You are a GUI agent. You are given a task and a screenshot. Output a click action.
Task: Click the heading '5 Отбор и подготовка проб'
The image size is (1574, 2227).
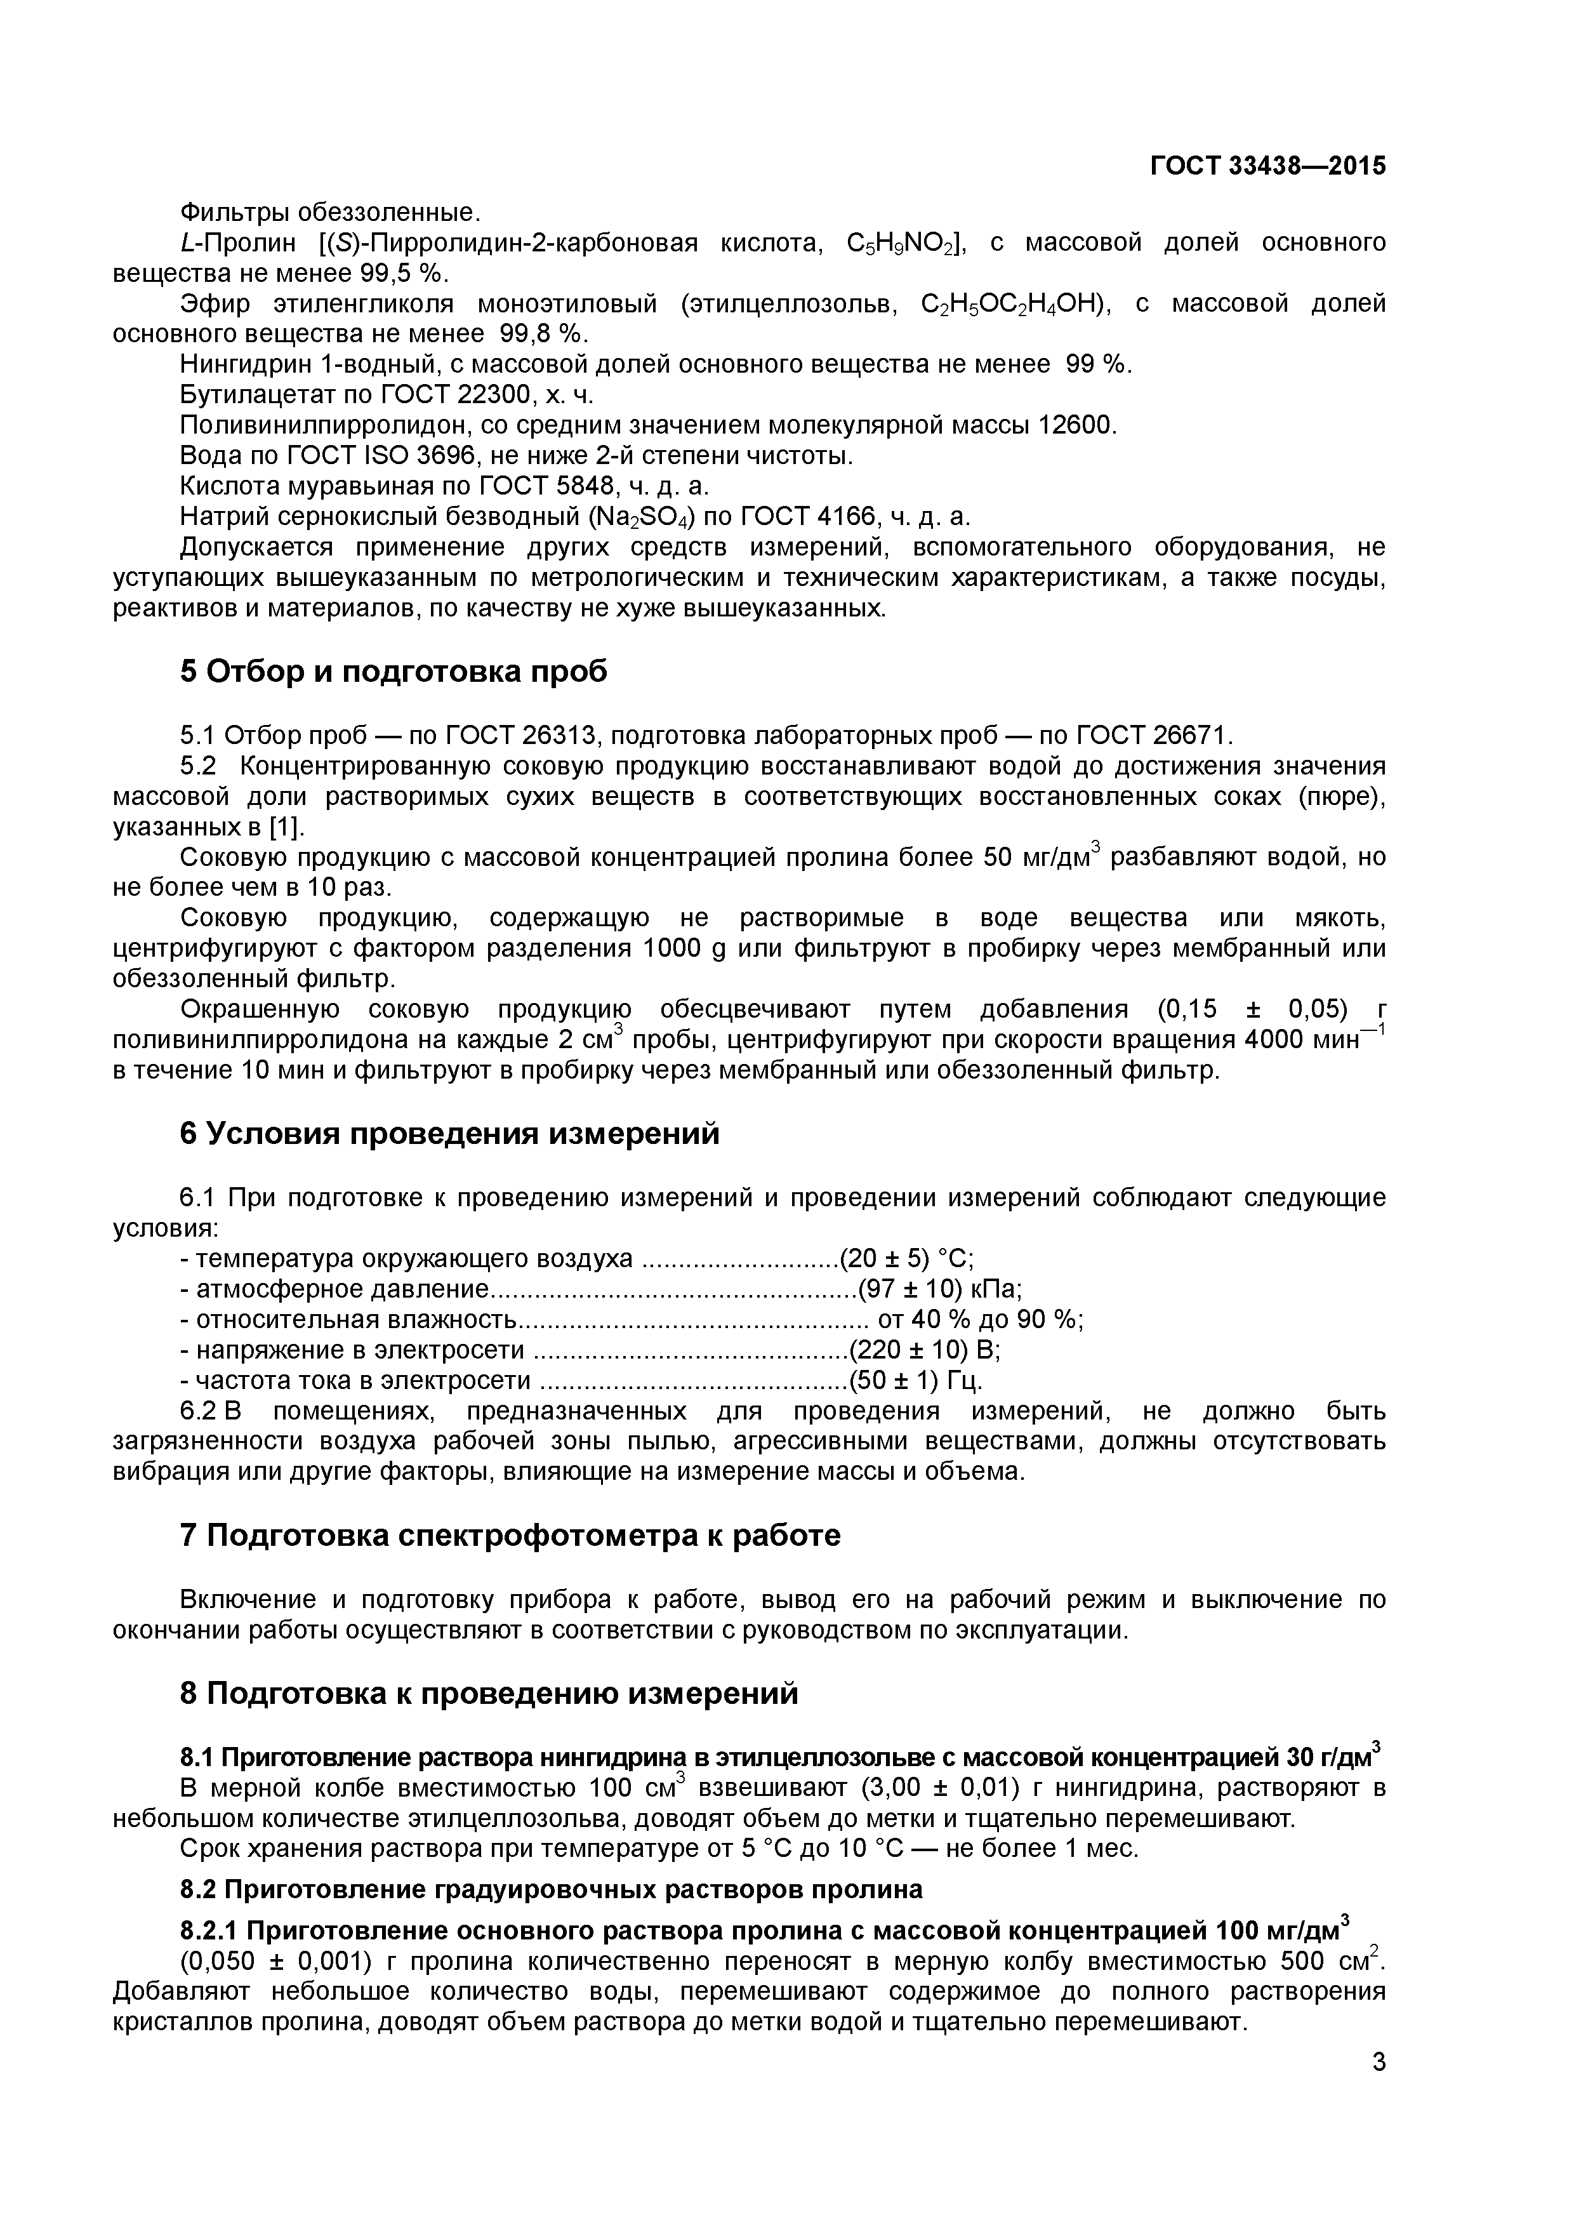tap(393, 670)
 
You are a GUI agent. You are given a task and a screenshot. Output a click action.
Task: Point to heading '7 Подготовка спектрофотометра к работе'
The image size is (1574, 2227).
tap(510, 1534)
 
